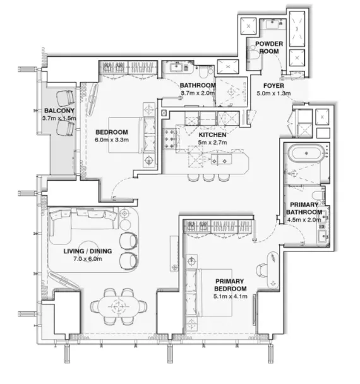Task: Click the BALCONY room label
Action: click(x=59, y=111)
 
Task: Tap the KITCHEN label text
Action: click(x=212, y=135)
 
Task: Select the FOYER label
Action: click(x=273, y=86)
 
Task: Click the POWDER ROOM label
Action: click(x=269, y=47)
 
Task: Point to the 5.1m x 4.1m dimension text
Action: click(x=230, y=296)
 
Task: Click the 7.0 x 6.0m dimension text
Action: click(x=88, y=258)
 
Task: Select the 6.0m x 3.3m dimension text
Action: click(x=112, y=140)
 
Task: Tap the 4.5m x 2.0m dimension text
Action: click(x=304, y=220)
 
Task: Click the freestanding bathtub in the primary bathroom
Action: click(x=306, y=153)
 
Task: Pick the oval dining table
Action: click(x=119, y=306)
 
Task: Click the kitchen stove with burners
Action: click(x=169, y=139)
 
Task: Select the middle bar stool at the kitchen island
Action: click(x=208, y=177)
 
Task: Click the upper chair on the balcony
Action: click(x=65, y=97)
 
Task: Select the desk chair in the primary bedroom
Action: click(x=262, y=270)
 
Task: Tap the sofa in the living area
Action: click(x=83, y=219)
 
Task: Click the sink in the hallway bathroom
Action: click(x=176, y=66)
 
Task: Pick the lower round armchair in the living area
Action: click(x=128, y=261)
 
